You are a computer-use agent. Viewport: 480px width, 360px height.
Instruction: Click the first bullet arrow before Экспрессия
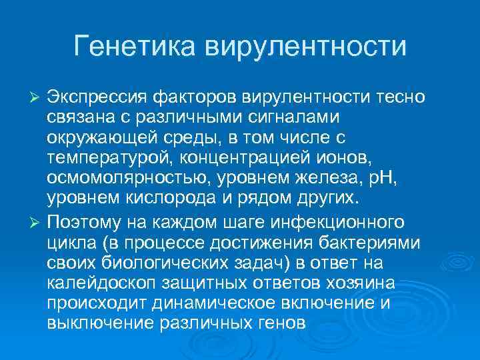(37, 99)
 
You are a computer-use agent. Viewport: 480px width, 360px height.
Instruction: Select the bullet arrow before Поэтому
(37, 219)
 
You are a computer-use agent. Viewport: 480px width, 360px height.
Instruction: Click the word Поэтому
(87, 219)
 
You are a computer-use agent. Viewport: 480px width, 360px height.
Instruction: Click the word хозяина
(358, 283)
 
